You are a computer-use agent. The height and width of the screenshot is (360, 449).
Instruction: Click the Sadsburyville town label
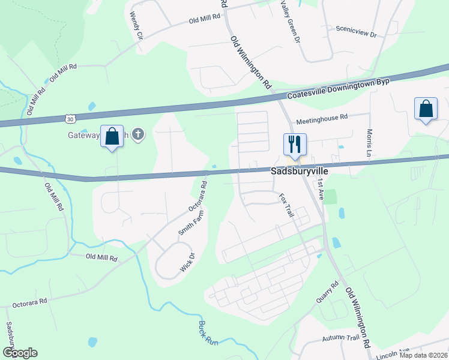[x=298, y=170]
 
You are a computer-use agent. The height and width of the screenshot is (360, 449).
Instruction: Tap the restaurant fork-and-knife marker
[x=295, y=143]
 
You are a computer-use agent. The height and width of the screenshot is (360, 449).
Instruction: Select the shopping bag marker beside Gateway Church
[x=112, y=137]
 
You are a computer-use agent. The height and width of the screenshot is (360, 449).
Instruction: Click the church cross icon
[x=138, y=134]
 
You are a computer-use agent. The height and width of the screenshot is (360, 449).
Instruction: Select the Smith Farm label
[x=188, y=223]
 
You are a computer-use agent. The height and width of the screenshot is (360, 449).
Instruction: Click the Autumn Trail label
[x=340, y=340]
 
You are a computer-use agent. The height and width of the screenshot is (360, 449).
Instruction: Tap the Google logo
[x=20, y=353]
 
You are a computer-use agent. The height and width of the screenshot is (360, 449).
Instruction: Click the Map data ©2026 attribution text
[x=423, y=355]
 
